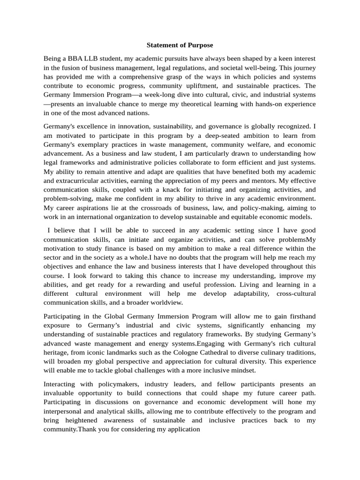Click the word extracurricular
[x=82, y=180]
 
